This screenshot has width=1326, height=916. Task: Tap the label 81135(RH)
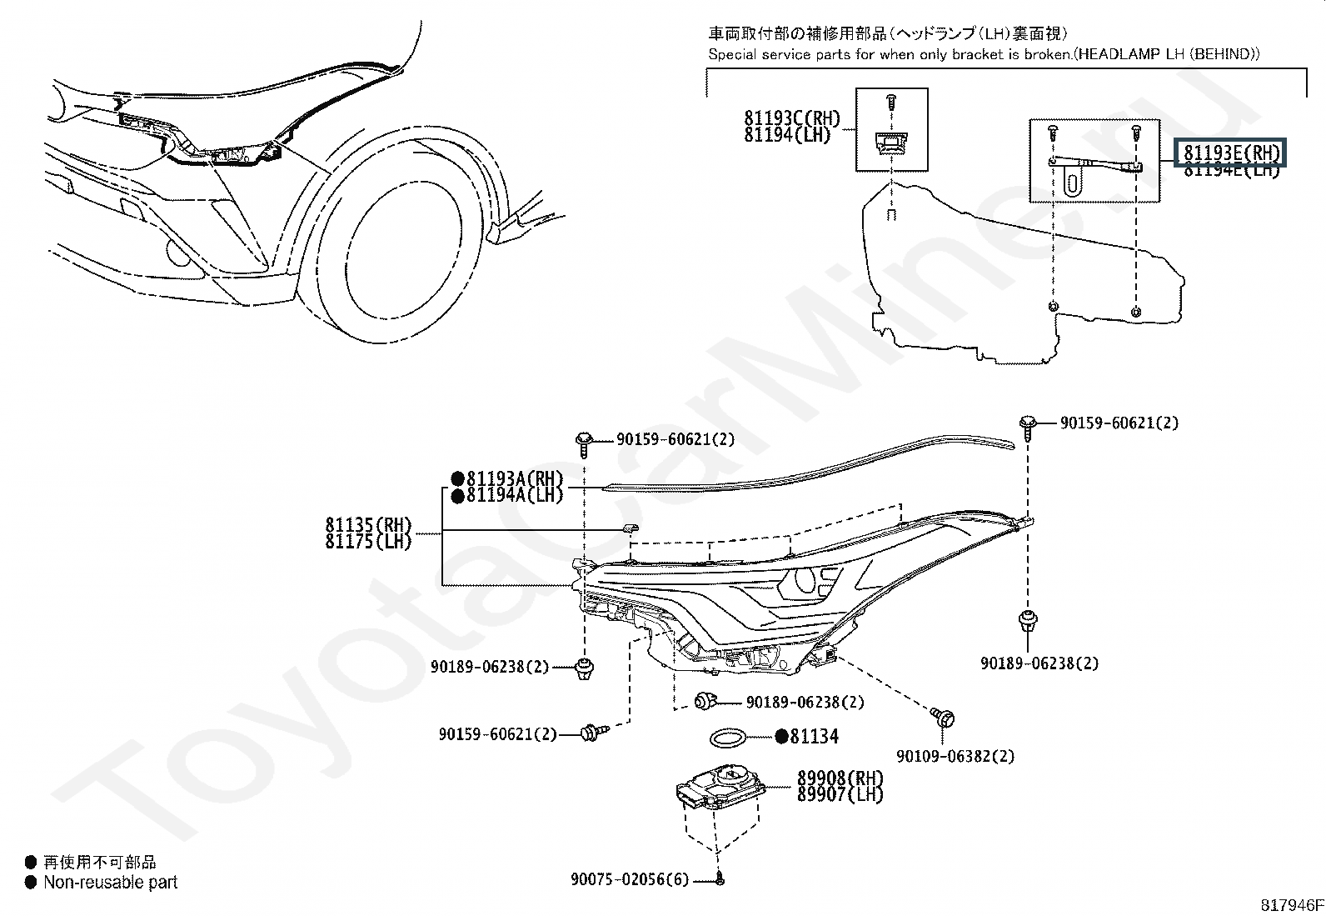[368, 525]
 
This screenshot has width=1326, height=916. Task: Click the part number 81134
[814, 737]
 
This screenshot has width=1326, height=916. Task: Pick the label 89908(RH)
[840, 778]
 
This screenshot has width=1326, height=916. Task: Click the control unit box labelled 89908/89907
[721, 788]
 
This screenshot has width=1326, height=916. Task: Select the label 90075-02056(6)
[630, 879]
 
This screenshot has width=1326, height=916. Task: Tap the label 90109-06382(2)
[955, 757]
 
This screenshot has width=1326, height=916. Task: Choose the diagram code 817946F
[1290, 904]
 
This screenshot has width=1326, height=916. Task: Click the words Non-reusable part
[110, 882]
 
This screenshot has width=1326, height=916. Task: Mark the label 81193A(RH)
[514, 479]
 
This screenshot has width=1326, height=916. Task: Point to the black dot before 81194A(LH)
[457, 496]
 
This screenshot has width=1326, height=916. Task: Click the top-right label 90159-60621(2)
[1119, 423]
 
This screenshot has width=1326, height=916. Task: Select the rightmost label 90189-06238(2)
[1039, 663]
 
